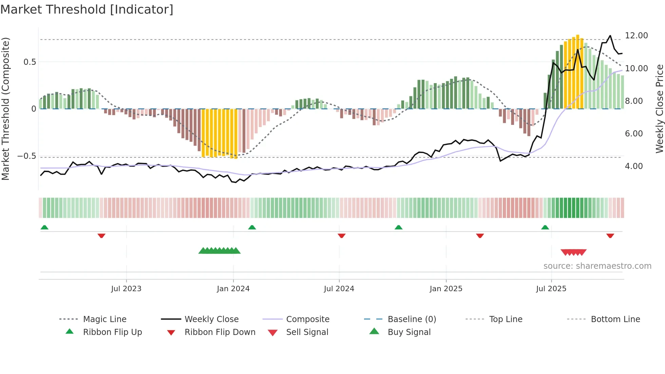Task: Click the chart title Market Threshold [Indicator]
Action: [87, 10]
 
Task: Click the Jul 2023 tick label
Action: [126, 289]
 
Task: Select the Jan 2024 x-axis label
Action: [233, 289]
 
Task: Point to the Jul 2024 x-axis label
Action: [339, 289]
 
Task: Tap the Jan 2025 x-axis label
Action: [446, 289]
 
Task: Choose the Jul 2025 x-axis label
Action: [551, 289]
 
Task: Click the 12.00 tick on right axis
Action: [636, 36]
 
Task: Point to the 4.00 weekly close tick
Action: [634, 166]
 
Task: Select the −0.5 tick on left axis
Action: [26, 156]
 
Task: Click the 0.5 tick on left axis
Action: [30, 62]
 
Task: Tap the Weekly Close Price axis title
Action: [659, 109]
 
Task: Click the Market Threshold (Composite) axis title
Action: [5, 109]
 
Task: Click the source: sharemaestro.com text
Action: [597, 266]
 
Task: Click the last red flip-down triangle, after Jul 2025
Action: [610, 236]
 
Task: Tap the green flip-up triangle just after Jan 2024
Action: [252, 227]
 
